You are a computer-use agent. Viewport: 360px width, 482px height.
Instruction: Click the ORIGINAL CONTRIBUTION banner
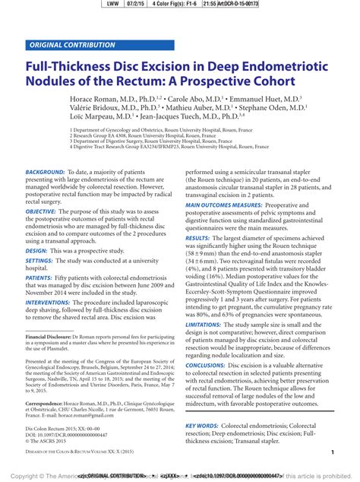coord(73,45)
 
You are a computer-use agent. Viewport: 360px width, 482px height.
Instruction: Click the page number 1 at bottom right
coord(333,452)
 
